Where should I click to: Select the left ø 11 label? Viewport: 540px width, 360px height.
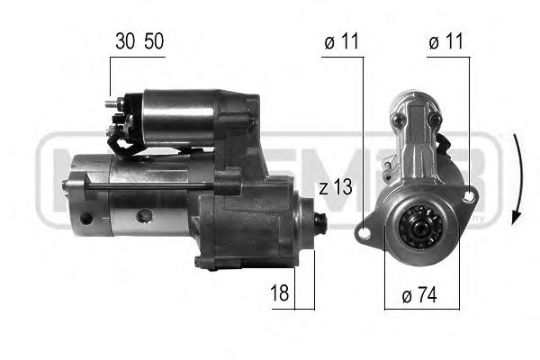point(341,43)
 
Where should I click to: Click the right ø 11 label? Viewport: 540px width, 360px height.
point(446,43)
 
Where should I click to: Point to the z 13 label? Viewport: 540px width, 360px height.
point(335,187)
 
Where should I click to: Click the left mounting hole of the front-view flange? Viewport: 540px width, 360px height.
point(364,233)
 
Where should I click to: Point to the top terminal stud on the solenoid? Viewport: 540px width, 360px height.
point(114,103)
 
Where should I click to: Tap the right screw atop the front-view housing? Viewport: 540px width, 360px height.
point(435,118)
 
